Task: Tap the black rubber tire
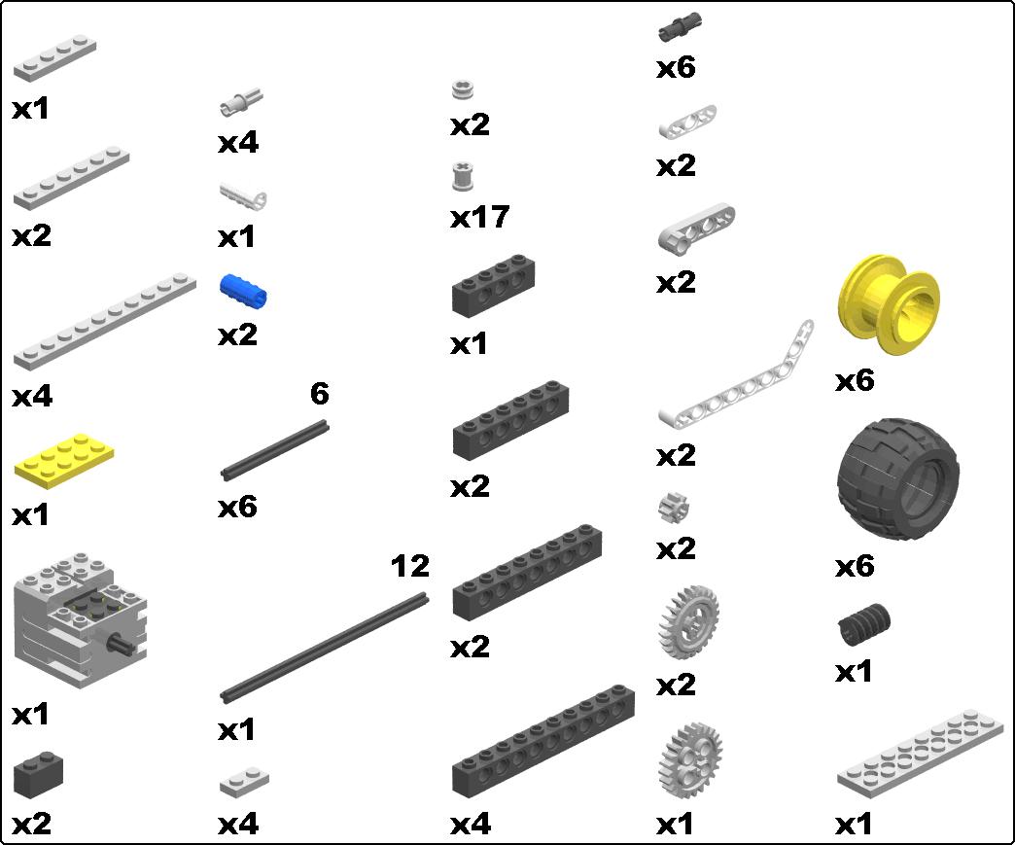896,477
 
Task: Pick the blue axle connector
243,290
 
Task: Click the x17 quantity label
479,217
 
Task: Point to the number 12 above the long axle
409,565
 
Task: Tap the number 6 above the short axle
320,394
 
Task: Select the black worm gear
863,623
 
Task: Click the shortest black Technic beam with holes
496,284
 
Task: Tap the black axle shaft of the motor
121,643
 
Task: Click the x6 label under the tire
855,566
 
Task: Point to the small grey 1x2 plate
244,782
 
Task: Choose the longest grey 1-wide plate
104,322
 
